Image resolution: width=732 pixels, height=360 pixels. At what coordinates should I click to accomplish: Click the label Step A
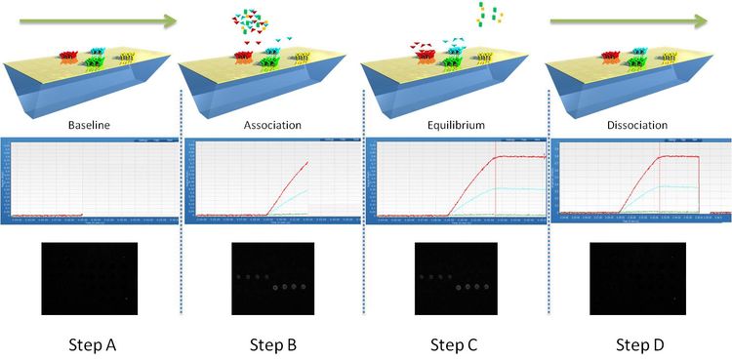tap(92, 343)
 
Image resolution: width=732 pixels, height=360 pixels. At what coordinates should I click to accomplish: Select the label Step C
tap(459, 343)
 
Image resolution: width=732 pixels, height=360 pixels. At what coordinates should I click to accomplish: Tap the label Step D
tap(644, 343)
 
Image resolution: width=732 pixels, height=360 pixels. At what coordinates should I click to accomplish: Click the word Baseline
tap(92, 126)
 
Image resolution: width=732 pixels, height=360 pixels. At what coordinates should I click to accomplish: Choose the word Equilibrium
tap(456, 126)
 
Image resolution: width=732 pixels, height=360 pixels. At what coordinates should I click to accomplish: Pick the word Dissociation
tap(639, 126)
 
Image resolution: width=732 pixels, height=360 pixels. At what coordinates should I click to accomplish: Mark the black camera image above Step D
tap(638, 278)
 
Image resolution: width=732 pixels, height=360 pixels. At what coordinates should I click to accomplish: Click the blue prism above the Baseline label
tap(88, 93)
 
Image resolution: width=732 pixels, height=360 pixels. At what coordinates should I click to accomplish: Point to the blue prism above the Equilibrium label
tap(449, 93)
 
